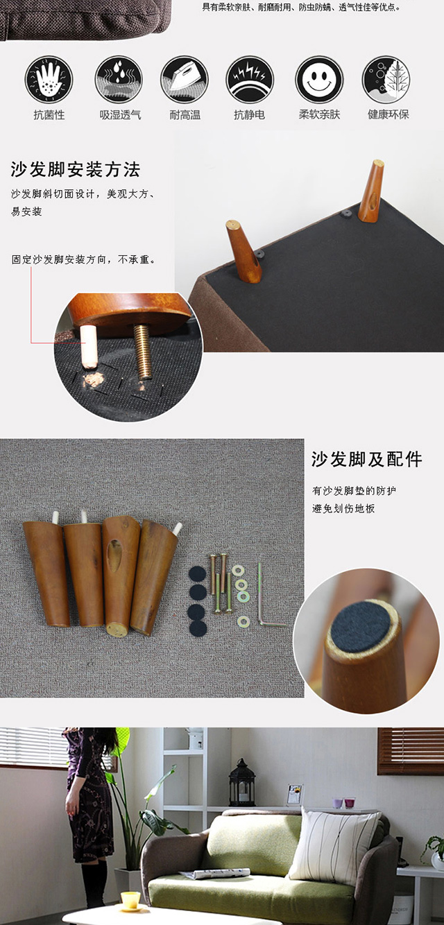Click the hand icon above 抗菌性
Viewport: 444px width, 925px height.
coord(49,79)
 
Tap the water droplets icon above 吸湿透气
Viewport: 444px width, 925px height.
coord(119,79)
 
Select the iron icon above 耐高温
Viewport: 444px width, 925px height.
coord(185,79)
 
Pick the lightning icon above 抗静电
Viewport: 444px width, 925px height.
coord(250,79)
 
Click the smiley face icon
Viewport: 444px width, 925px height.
coord(319,79)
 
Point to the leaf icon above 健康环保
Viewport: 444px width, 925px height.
coord(386,79)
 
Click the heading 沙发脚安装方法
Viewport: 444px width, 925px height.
coord(76,169)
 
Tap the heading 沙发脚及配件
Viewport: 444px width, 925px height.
coord(367,459)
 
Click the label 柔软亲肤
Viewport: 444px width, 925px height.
coord(319,115)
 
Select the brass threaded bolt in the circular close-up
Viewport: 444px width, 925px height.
coord(143,352)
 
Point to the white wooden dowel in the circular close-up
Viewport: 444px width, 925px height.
coord(89,346)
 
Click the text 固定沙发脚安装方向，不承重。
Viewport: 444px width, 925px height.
coord(84,259)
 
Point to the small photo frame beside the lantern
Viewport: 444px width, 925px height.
coord(294,795)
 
